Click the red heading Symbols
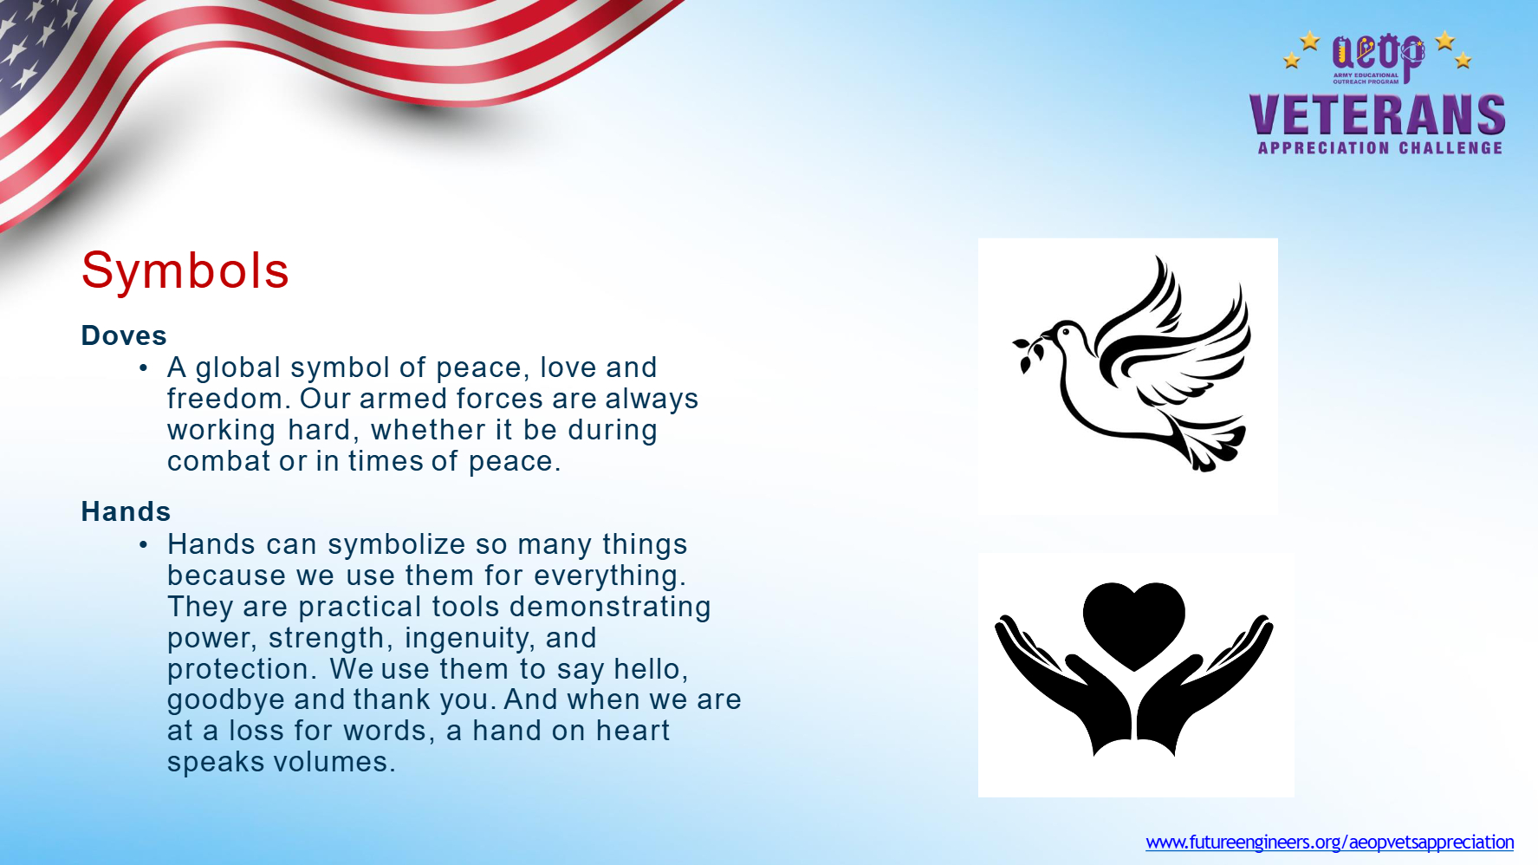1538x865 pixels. (x=185, y=270)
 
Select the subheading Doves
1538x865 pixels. (x=124, y=335)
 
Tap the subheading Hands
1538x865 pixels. (x=126, y=511)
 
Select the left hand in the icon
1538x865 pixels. (x=1061, y=685)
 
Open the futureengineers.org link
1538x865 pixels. (x=1329, y=842)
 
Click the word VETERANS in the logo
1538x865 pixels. (x=1377, y=114)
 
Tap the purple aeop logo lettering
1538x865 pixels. (x=1378, y=54)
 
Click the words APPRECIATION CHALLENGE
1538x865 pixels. (x=1380, y=148)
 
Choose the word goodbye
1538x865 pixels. (x=226, y=700)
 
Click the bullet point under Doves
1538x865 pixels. (x=144, y=368)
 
